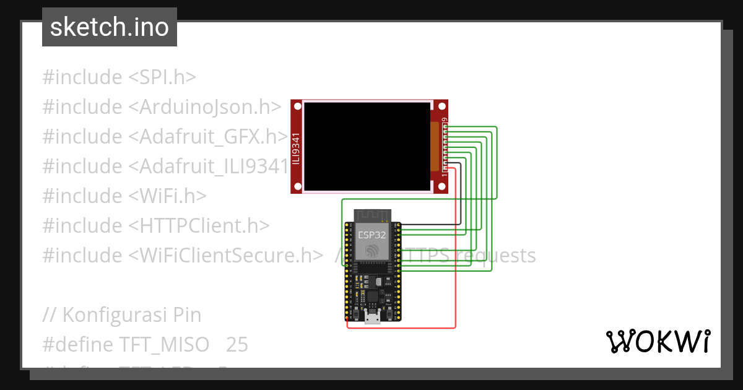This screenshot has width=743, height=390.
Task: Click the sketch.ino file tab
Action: click(x=110, y=27)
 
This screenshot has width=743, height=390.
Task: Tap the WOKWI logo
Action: click(x=657, y=341)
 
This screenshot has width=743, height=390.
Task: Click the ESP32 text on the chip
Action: click(x=371, y=235)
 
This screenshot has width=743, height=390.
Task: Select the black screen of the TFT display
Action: click(x=367, y=147)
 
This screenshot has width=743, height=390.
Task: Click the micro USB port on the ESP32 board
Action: click(x=372, y=318)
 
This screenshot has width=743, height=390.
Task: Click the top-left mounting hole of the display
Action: click(x=297, y=106)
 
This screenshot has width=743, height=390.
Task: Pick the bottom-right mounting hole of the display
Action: click(x=441, y=186)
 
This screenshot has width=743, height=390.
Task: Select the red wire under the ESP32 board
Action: click(x=402, y=327)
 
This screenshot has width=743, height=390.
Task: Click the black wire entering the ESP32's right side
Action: click(x=433, y=224)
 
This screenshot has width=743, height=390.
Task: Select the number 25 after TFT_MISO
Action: click(x=237, y=345)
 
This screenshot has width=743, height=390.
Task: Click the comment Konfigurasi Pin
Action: click(x=122, y=315)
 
